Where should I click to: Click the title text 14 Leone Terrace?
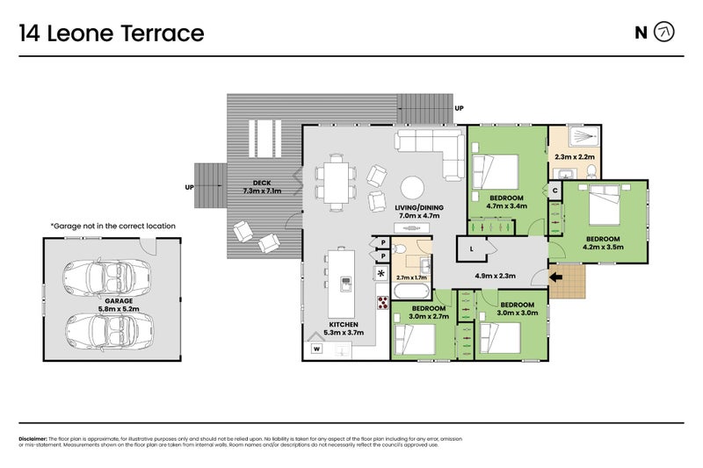(112, 33)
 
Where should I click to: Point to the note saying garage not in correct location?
(112, 226)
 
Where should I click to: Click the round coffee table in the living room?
(412, 187)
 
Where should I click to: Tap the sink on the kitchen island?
(347, 283)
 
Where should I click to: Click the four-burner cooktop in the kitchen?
(383, 303)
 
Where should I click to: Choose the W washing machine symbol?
(315, 349)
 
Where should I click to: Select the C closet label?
(555, 190)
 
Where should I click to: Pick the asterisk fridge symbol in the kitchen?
(381, 274)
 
